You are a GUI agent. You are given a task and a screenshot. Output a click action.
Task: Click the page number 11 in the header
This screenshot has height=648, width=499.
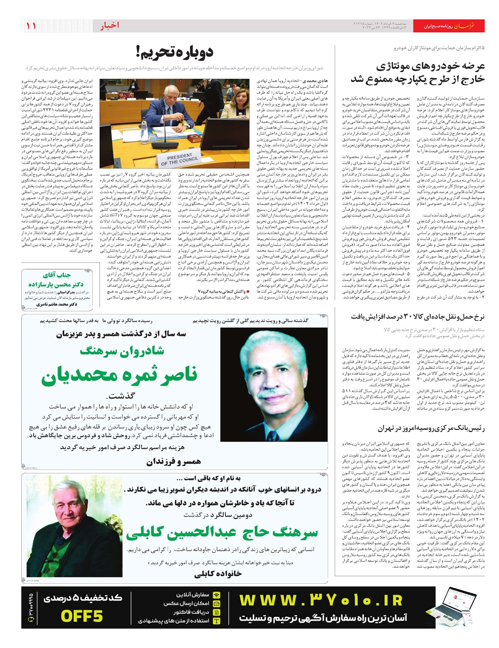[31, 26]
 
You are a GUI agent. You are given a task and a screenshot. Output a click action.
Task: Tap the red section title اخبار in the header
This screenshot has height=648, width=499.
[109, 26]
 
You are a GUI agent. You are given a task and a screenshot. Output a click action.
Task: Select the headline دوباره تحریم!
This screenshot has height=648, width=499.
[174, 53]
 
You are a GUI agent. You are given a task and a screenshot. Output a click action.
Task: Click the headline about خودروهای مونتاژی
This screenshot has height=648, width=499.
[418, 72]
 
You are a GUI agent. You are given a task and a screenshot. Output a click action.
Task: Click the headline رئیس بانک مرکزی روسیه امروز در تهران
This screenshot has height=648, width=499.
[431, 428]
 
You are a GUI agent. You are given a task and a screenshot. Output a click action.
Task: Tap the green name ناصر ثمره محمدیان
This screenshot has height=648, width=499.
[119, 376]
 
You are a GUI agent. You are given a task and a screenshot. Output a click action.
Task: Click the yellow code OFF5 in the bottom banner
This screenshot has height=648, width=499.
[82, 616]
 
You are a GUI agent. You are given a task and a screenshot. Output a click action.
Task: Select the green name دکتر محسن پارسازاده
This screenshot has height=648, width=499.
[56, 284]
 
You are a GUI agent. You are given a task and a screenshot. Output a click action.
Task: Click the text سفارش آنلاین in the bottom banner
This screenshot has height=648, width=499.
[193, 595]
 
